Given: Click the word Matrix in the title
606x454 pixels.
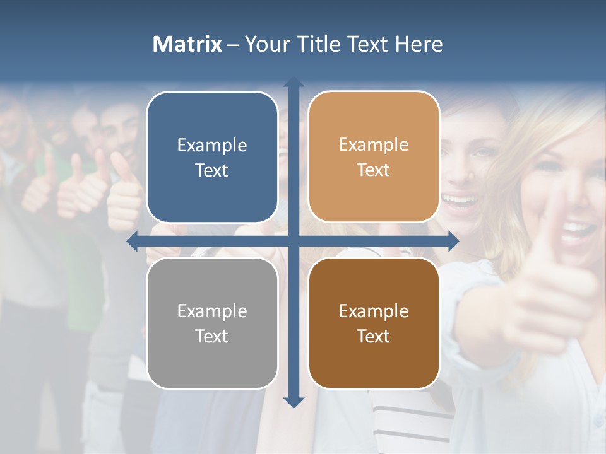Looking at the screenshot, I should [187, 44].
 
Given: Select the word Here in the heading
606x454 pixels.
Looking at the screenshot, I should [419, 44].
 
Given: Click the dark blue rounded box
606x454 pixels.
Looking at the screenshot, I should [212, 158].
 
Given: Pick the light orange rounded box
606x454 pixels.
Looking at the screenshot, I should [374, 158].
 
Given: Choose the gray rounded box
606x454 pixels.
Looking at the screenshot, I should [212, 323].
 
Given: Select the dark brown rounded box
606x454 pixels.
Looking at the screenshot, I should [374, 323].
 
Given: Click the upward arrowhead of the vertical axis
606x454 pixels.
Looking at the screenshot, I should [293, 82].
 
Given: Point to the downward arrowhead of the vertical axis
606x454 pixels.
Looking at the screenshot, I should [293, 402].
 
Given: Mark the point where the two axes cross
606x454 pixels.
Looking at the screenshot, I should [293, 242].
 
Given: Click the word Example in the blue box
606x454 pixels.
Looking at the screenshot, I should [212, 146].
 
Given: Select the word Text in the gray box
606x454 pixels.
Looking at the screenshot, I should [212, 336].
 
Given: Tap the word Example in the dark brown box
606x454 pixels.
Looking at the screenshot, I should [374, 311].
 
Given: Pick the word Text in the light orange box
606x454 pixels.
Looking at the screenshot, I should [374, 170].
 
